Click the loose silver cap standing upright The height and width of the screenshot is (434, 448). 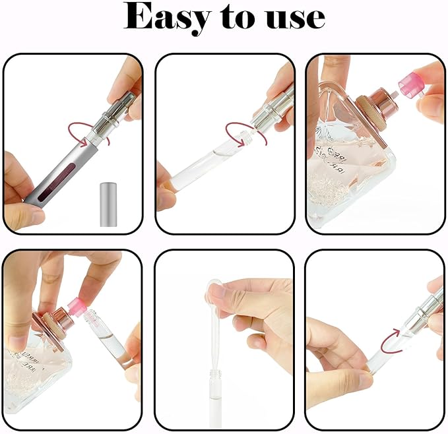108,204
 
